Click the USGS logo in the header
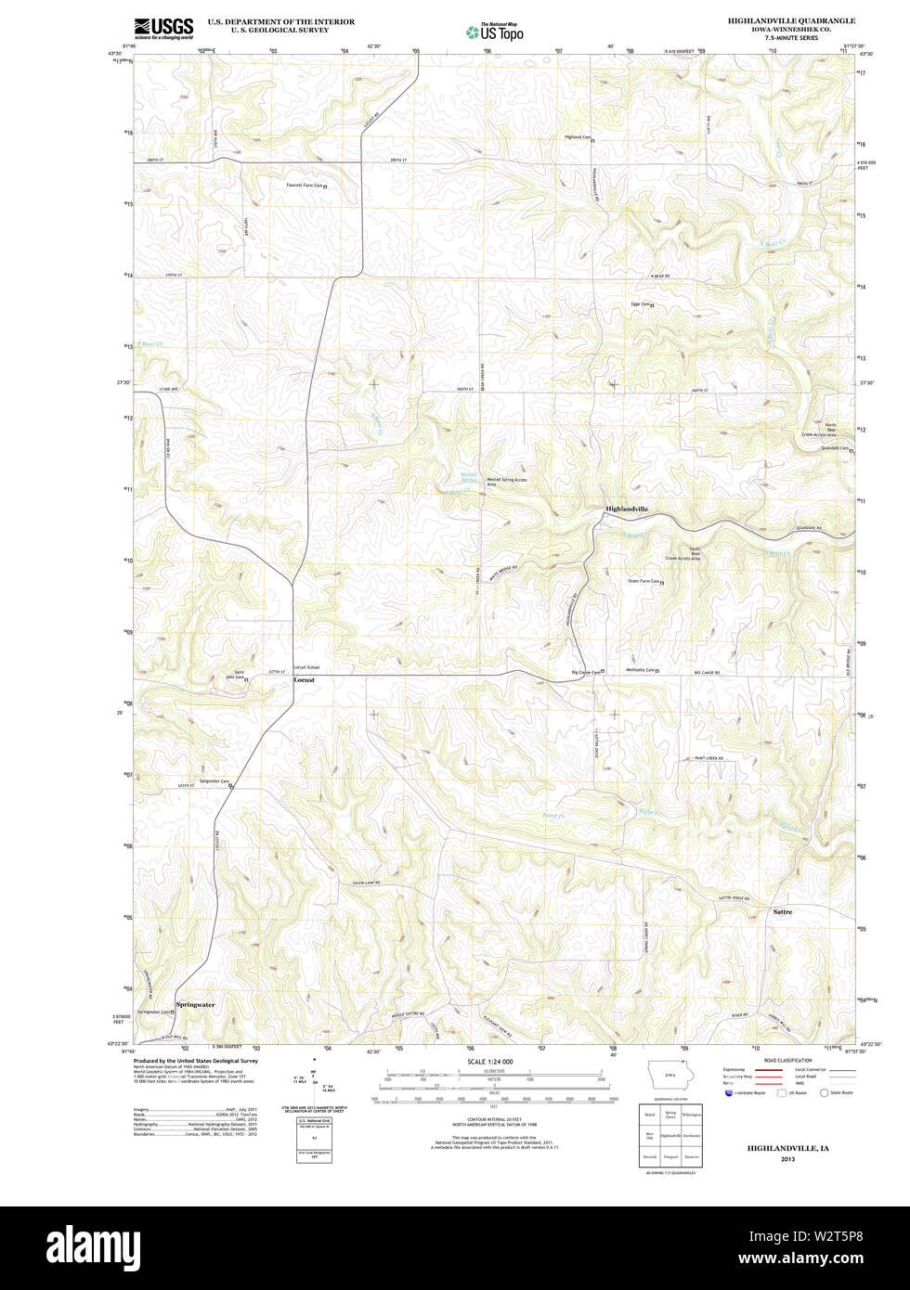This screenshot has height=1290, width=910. click(163, 27)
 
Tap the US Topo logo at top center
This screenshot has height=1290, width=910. click(495, 31)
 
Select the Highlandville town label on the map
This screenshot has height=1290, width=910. click(627, 510)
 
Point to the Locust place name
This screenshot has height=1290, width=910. click(304, 680)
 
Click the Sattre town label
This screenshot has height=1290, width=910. click(783, 912)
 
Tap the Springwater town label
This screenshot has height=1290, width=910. click(195, 1004)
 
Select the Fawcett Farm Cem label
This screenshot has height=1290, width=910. click(304, 186)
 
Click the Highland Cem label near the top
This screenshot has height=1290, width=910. click(578, 137)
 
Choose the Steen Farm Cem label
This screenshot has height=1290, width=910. click(643, 582)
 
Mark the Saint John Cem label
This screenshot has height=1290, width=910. click(240, 675)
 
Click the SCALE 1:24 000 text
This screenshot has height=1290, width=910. click(489, 1061)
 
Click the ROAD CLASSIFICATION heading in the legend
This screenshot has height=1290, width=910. click(787, 1061)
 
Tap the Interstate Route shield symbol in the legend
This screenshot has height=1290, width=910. click(729, 1093)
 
